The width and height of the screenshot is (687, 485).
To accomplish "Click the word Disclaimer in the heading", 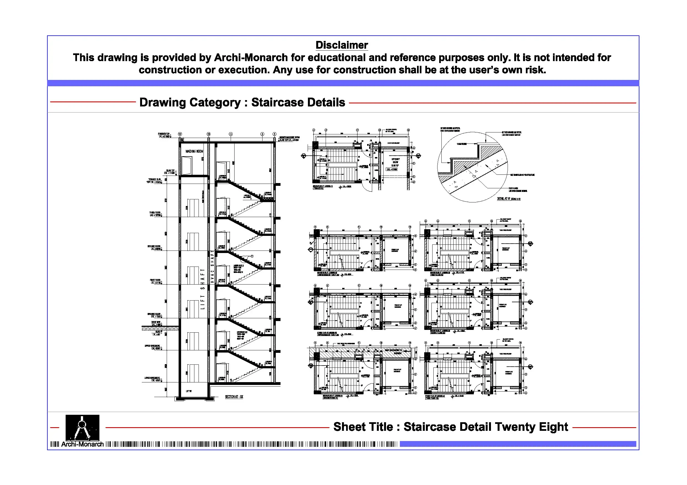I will point(341,45).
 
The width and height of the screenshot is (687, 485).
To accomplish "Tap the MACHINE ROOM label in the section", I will point(194,151).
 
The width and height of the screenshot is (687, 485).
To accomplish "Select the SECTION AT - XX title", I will point(234,397).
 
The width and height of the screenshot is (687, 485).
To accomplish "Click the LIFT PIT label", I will point(189,391).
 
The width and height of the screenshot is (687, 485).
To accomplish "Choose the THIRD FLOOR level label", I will point(155,214).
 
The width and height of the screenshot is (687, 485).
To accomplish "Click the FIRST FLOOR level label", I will point(155,281).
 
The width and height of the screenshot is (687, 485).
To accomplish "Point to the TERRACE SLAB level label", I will point(155,181).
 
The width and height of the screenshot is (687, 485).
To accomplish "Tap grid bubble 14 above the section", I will point(180,134).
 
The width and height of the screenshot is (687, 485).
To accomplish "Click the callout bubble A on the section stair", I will point(252,256).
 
